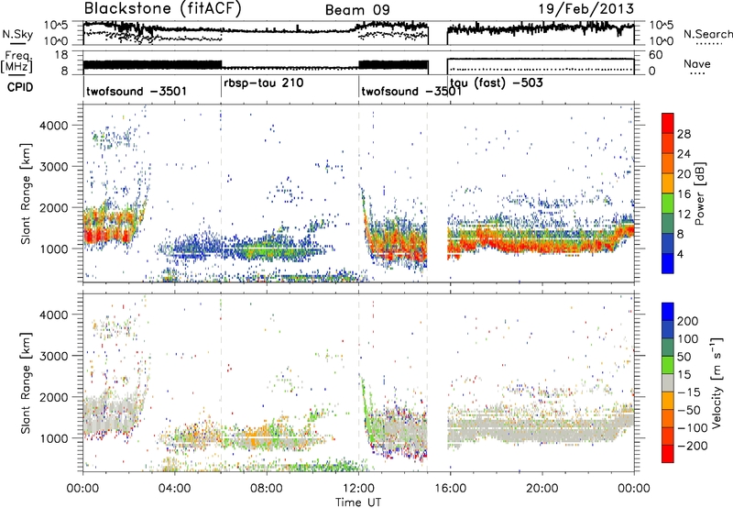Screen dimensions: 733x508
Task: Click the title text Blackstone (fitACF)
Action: pos(162,8)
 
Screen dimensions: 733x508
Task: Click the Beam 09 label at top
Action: pos(357,10)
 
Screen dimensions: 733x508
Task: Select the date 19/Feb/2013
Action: pos(586,9)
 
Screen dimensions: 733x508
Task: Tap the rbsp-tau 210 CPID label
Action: pos(264,83)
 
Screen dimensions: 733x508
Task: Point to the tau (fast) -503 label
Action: pos(497,83)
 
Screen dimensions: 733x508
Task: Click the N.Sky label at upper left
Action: pos(17,34)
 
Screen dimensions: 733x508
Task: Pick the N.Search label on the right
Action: pos(708,34)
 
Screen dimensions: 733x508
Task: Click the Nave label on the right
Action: pos(697,63)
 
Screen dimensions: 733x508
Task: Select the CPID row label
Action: pos(20,87)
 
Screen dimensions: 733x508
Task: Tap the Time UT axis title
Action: pos(358,502)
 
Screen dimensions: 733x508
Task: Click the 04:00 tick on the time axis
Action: pos(174,489)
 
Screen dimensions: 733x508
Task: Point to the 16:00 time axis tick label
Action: pos(450,489)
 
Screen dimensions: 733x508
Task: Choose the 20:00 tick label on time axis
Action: pos(542,489)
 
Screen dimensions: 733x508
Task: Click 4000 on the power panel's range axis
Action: pos(54,126)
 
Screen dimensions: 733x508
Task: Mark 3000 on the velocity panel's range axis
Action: pos(54,356)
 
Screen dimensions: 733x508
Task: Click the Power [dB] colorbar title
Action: pos(700,193)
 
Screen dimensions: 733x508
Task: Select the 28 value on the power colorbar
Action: pos(684,134)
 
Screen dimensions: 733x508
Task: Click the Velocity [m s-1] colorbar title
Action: pos(717,383)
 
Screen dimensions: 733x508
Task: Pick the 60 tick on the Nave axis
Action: pos(655,55)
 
